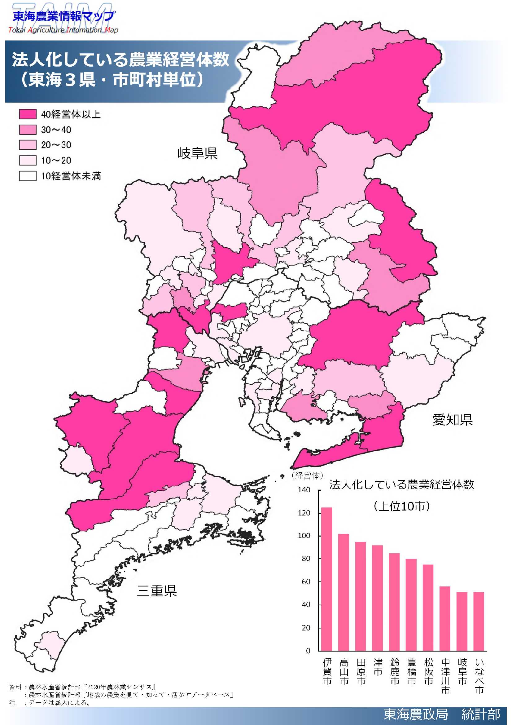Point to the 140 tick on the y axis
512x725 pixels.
(304, 490)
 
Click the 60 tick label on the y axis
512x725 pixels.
(306, 581)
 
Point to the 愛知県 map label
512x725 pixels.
(453, 420)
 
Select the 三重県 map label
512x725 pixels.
(157, 590)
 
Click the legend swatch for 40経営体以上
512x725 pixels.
(28, 114)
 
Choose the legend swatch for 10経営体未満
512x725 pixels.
(28, 176)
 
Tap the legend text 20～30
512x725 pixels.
(56, 145)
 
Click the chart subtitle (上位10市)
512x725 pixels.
(402, 506)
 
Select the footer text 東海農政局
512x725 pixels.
(415, 714)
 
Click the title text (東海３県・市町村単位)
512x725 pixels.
(112, 80)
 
